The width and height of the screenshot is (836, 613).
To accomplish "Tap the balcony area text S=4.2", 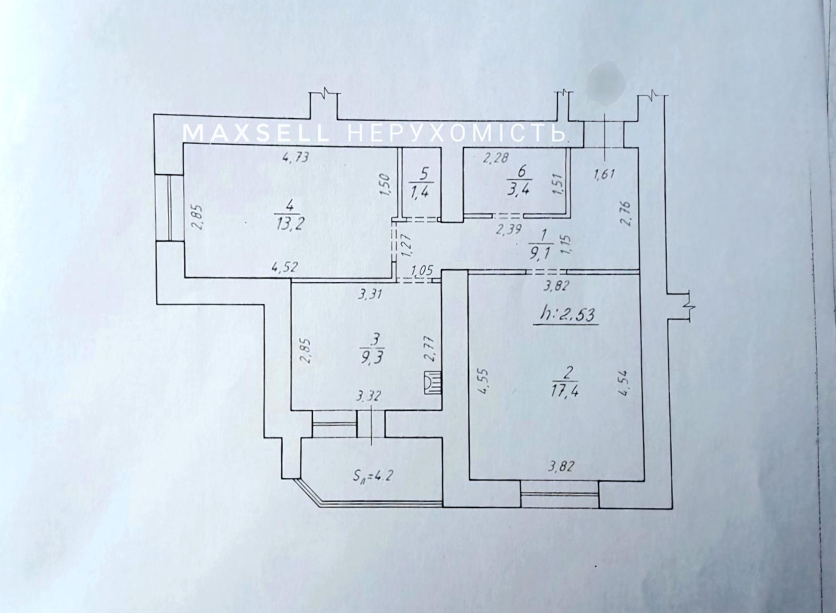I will (x=371, y=476).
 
